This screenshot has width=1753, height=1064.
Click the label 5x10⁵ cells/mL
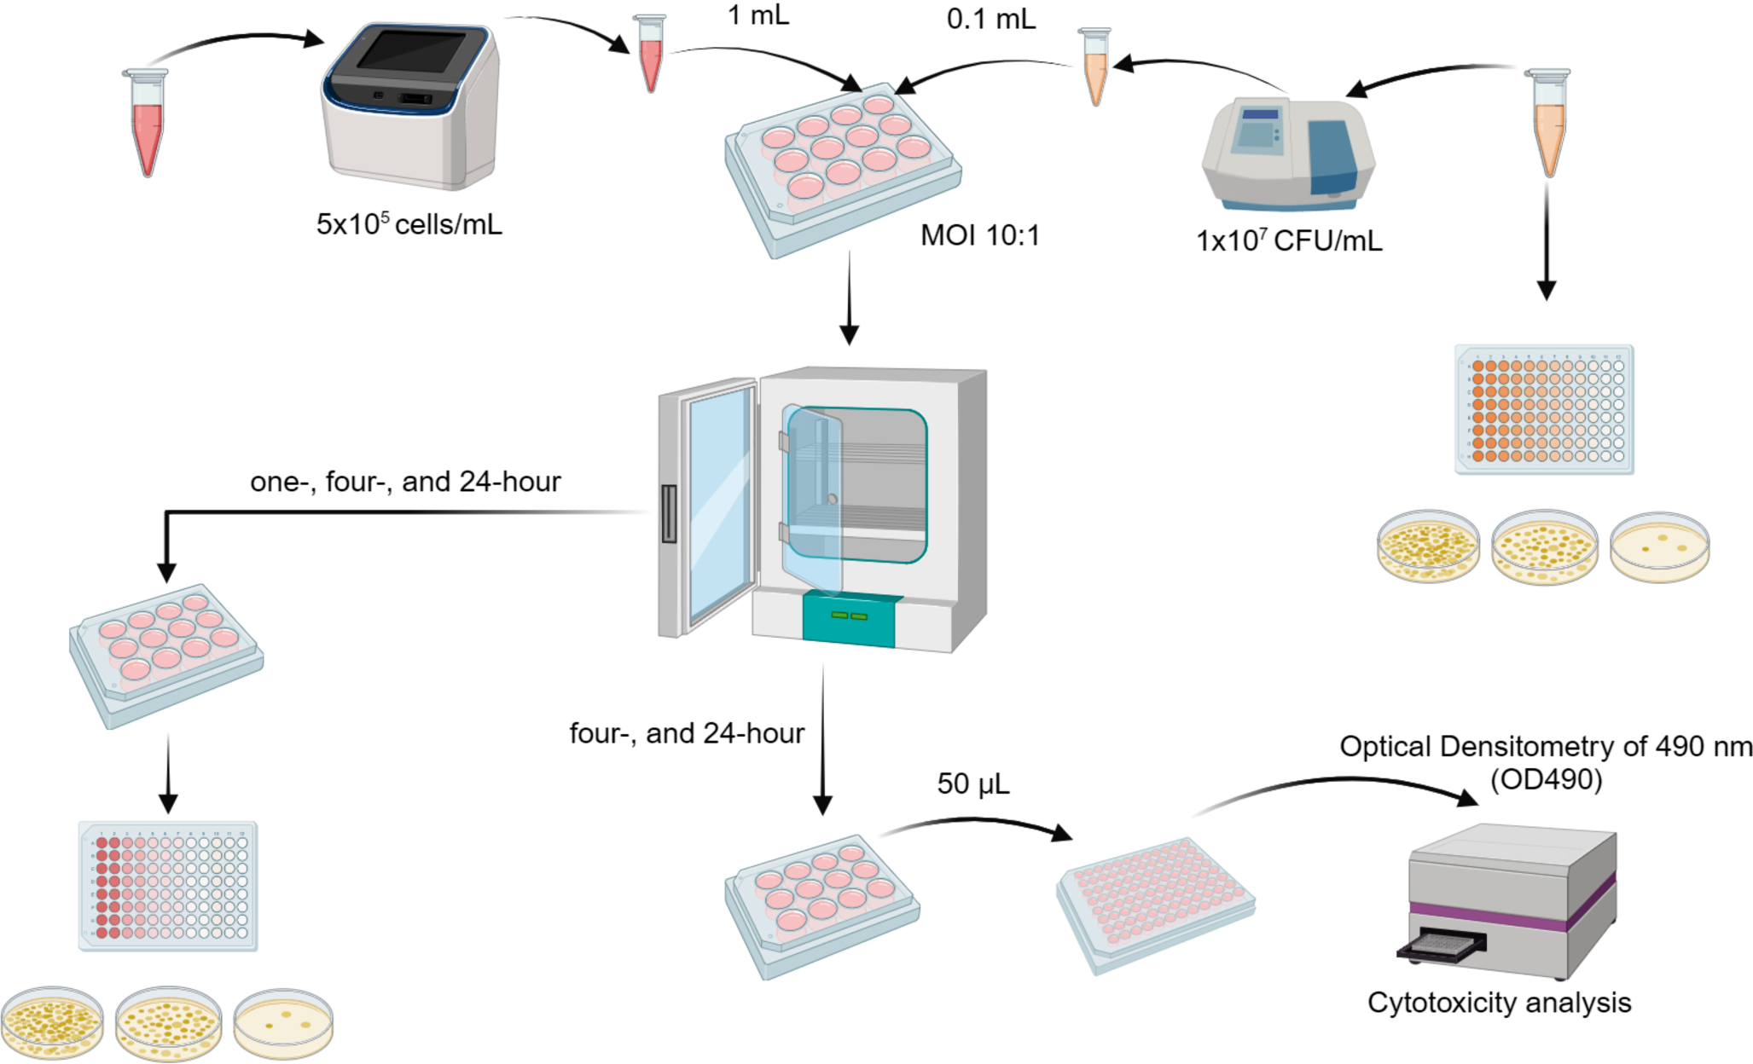click(409, 224)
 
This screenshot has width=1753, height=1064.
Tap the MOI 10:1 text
click(979, 235)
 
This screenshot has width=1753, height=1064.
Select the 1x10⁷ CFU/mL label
click(1288, 241)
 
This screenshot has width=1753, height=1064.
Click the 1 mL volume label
click(758, 15)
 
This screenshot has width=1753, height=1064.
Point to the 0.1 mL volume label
click(990, 19)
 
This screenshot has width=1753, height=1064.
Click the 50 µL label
click(972, 784)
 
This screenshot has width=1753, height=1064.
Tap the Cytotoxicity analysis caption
click(1498, 1003)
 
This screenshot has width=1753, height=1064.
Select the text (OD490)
click(1546, 779)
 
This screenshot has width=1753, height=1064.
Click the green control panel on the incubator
click(849, 618)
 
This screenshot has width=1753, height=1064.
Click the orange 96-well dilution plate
click(1544, 409)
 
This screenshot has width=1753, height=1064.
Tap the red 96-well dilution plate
click(168, 887)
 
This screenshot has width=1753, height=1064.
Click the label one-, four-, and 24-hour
click(405, 482)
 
